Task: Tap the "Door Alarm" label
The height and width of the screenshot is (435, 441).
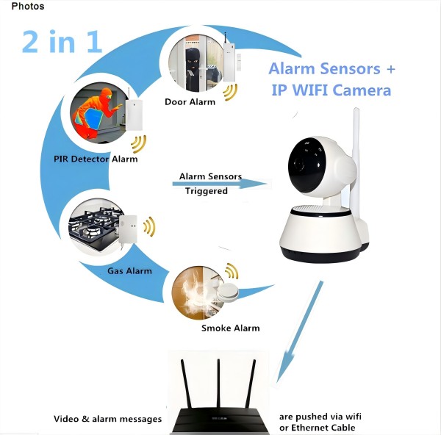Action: [190, 102]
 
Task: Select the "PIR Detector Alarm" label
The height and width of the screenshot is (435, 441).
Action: [96, 159]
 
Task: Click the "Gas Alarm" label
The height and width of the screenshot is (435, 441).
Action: [129, 271]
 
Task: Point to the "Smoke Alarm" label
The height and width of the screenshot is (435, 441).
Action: [230, 328]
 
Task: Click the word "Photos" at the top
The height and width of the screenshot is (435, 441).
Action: [28, 7]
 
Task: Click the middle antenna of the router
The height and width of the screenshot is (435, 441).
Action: [218, 386]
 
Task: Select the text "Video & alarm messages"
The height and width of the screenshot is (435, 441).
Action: [107, 419]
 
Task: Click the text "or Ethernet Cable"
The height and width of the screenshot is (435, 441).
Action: [317, 428]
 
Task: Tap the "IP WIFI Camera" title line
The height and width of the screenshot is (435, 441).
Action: [331, 90]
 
